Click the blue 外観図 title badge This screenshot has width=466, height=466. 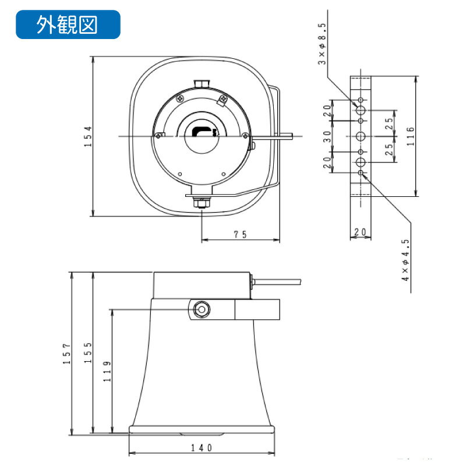pos(68,24)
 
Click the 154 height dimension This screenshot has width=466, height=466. pos(87,137)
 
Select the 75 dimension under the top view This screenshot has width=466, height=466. pos(240,234)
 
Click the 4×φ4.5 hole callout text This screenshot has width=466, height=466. pos(405,260)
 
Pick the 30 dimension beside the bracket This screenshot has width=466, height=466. pos(327,136)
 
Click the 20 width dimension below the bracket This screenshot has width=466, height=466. pos(360,232)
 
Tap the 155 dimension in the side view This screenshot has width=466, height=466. pos(87,353)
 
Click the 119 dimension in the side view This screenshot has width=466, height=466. pos(107,371)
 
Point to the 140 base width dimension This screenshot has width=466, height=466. pos(201,447)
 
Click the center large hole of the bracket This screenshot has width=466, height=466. pos(361,136)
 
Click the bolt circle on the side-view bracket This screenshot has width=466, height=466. pos(202,309)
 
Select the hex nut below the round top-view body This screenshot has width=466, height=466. pos(202,203)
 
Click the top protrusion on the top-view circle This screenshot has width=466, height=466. pos(200,84)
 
